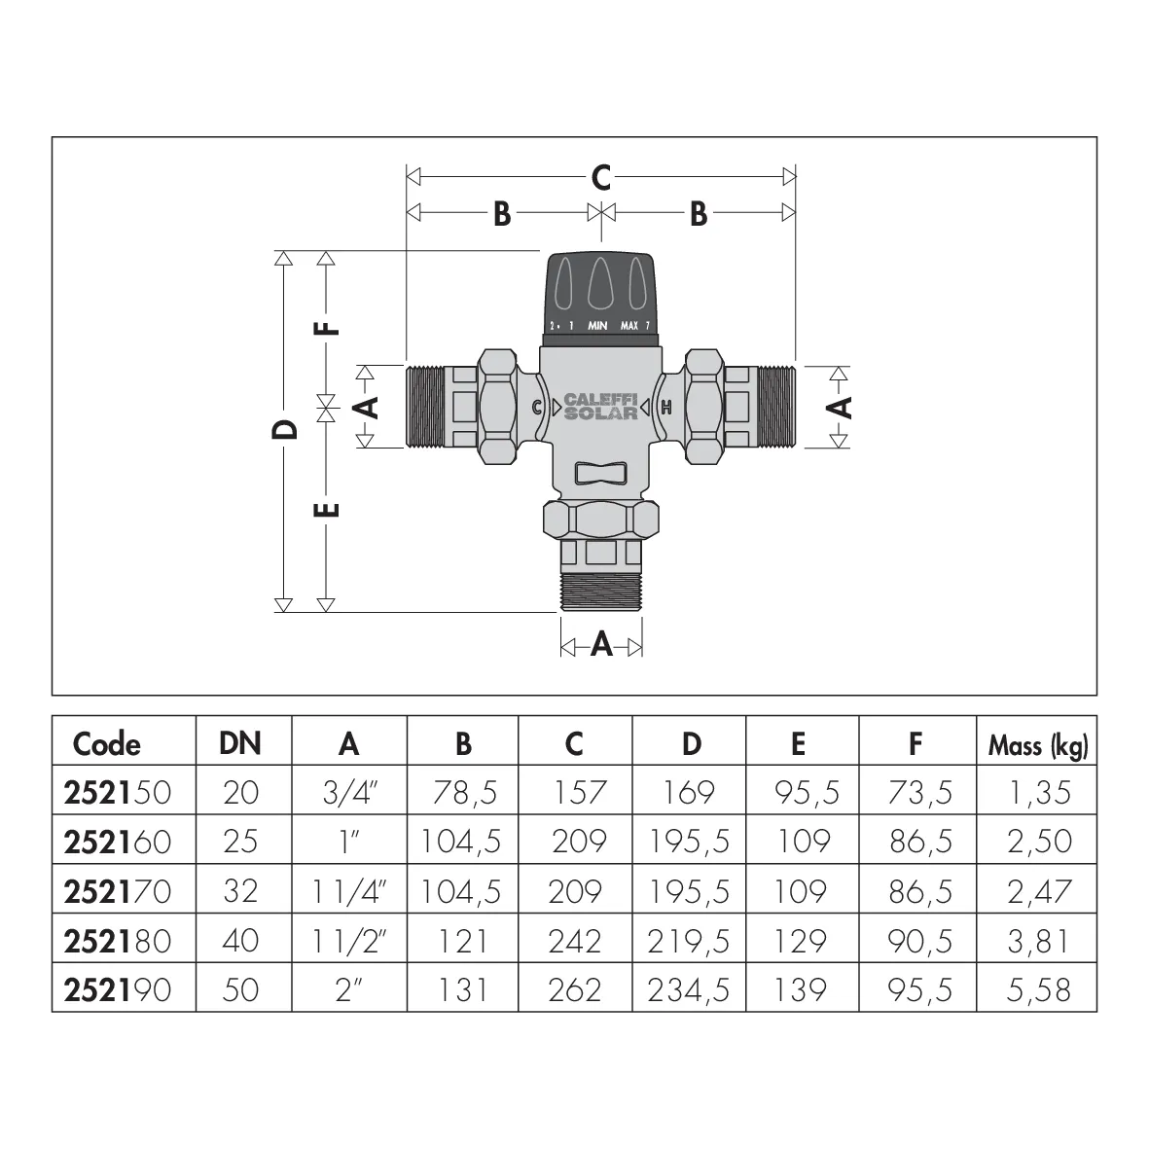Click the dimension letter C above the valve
[601, 177]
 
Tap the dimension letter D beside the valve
[285, 429]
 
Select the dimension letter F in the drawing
[327, 328]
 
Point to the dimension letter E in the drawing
[327, 509]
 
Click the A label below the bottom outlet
[601, 645]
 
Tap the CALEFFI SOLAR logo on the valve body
[601, 406]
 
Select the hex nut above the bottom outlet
[601, 520]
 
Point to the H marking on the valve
[666, 408]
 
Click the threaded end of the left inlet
[424, 407]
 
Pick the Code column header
[106, 743]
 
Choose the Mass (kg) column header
[1038, 746]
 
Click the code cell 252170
[118, 891]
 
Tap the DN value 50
[241, 990]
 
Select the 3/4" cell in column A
[349, 792]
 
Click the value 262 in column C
[575, 990]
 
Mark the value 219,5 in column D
[689, 941]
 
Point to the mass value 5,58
[1038, 990]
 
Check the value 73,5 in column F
[920, 792]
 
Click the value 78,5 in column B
[465, 792]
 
